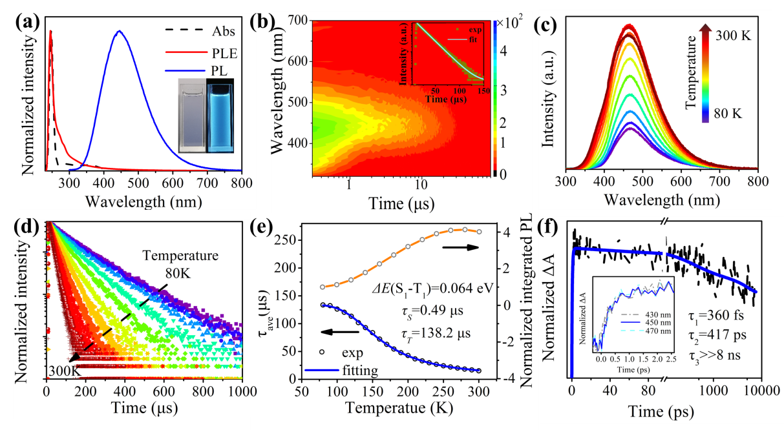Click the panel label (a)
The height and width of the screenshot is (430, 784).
pos(30,23)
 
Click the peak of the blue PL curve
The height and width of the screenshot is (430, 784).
pos(118,31)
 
